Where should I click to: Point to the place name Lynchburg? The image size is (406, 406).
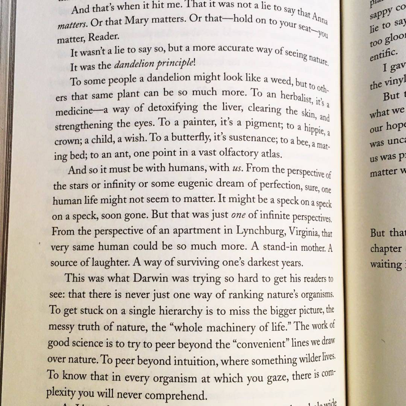(260, 231)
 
